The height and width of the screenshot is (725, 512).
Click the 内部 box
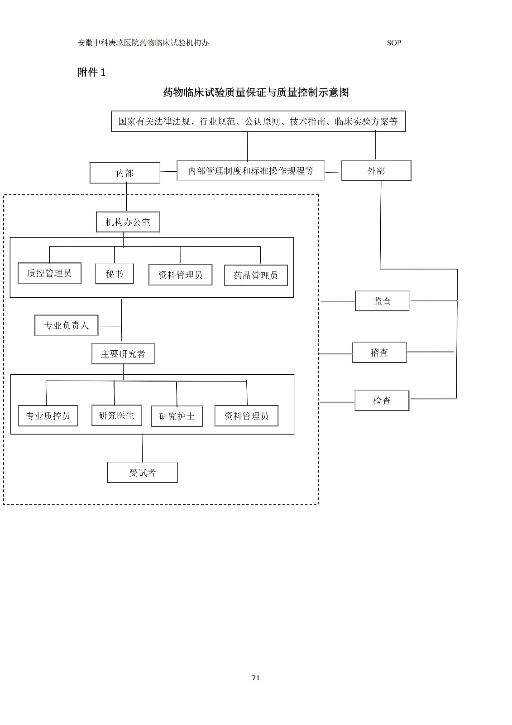coord(125,173)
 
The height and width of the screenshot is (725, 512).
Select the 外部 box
coord(376,171)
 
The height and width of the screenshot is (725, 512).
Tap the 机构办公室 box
coord(128,222)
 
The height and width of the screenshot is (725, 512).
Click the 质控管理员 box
coord(49,273)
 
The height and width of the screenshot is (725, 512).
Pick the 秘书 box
coord(114,274)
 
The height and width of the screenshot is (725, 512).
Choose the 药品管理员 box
coord(256,275)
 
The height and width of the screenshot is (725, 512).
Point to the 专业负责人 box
coord(66,325)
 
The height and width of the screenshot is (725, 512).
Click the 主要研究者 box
coord(123,354)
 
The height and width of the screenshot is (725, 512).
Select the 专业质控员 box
coord(48,416)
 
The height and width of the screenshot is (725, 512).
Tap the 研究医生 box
coord(116,415)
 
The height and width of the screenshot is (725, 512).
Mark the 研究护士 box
coord(177,416)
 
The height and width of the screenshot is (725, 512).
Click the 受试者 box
coord(142,473)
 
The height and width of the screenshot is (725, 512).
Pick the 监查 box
coord(382,301)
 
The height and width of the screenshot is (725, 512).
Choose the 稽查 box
coord(379,353)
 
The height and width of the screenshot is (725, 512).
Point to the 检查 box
coord(382,401)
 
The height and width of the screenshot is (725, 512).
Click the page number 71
coord(256,678)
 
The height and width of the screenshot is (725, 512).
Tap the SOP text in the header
coord(394,43)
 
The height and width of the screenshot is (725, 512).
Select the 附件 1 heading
coord(91,72)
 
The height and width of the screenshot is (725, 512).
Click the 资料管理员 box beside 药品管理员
coord(180,275)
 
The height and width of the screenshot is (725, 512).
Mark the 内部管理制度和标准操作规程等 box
coord(251,171)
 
